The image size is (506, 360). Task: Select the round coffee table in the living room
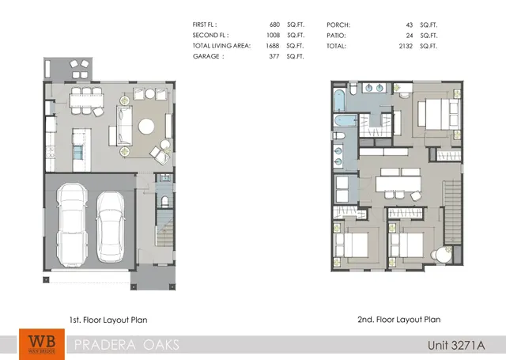(x=148, y=126)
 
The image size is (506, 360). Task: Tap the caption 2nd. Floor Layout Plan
(x=398, y=320)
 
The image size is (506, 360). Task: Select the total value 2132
(x=408, y=46)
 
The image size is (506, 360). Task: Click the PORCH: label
(x=338, y=25)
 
